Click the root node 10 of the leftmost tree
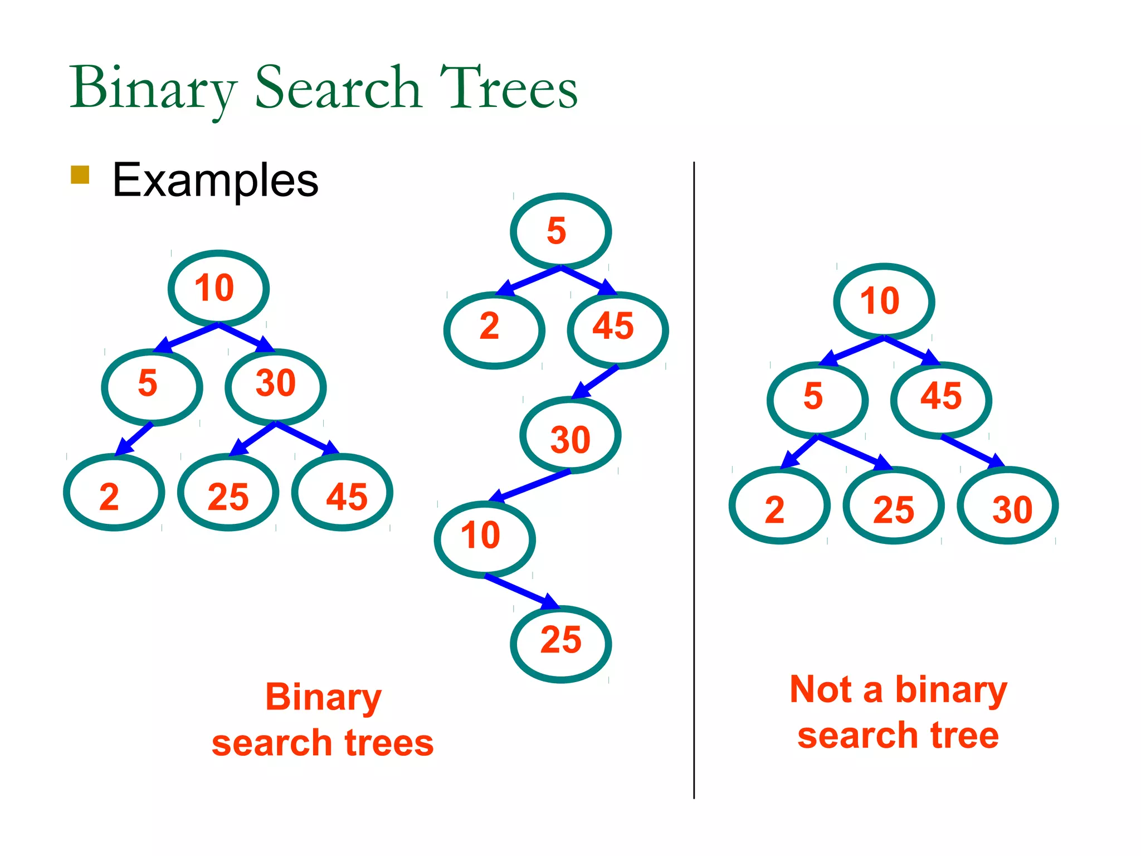click(218, 288)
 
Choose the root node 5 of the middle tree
click(560, 231)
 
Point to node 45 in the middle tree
click(617, 330)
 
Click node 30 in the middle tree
click(570, 435)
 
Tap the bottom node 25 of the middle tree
click(560, 644)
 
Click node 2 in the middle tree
click(494, 330)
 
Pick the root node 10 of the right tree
click(884, 301)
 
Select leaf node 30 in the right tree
click(1007, 505)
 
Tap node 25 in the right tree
click(894, 505)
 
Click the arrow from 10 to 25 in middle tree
click(521, 592)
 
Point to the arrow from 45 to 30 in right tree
click(972, 451)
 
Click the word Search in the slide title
click(338, 88)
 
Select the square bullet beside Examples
click(80, 174)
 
